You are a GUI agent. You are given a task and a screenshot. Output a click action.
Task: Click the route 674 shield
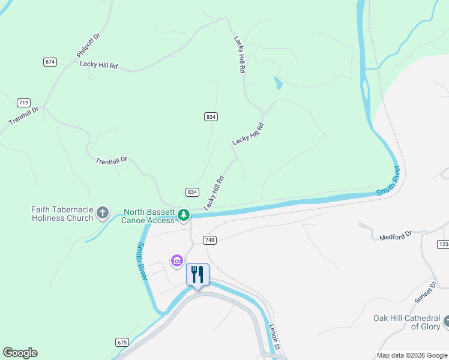click(50, 62)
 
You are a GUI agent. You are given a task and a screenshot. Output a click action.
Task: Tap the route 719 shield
click(24, 103)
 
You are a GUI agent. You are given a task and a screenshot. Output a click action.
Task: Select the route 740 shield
click(209, 240)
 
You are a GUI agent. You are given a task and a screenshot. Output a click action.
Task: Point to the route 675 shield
click(122, 342)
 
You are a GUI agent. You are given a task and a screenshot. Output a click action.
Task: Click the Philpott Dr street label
click(88, 46)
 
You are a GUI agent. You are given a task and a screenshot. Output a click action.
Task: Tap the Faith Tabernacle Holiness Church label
click(62, 214)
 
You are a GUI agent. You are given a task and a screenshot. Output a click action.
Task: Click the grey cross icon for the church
click(103, 212)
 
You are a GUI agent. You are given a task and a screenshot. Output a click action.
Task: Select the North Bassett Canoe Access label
click(149, 216)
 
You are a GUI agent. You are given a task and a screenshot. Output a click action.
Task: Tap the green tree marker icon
click(184, 215)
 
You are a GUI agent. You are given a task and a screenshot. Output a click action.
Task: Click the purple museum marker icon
click(176, 260)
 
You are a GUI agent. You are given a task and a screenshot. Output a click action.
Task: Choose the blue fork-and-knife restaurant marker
click(197, 275)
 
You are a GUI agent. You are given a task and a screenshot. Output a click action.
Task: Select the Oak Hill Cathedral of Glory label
click(406, 322)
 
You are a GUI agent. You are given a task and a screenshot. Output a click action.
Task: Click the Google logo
click(20, 353)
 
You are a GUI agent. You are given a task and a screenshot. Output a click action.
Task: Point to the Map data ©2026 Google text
click(412, 355)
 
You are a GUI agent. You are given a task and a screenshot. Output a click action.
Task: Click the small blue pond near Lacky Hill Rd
click(278, 83)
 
